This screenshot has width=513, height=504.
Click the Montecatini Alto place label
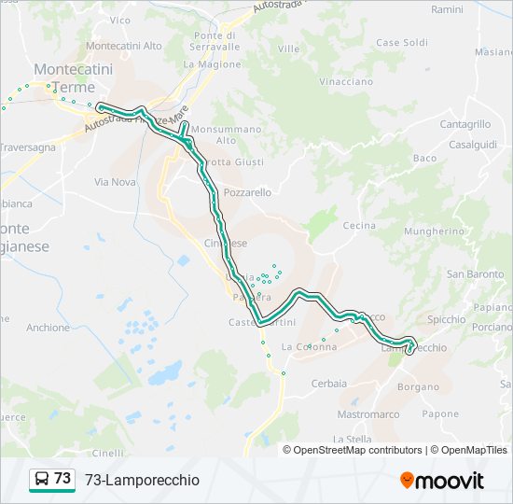pos(123,45)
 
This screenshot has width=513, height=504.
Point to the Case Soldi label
pos(402,43)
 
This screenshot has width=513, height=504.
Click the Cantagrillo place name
pos(464,124)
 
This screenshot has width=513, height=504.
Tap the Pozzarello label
pos(247,192)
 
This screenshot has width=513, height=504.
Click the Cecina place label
pos(359,226)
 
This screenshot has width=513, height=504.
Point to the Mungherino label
pos(436,231)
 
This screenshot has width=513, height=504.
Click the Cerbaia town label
pos(328,384)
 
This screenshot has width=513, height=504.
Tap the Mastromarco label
pos(367,414)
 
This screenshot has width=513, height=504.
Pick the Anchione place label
pos(49,328)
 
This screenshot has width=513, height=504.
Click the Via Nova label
pos(115,182)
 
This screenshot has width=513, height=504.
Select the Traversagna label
pos(27,147)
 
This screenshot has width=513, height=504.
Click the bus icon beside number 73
pos(42,479)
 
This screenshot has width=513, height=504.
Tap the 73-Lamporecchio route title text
pos(142,480)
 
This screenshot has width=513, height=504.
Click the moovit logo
pos(442,480)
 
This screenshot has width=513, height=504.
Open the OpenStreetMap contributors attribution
pos(358,450)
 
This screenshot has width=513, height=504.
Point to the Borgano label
pos(417,385)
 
